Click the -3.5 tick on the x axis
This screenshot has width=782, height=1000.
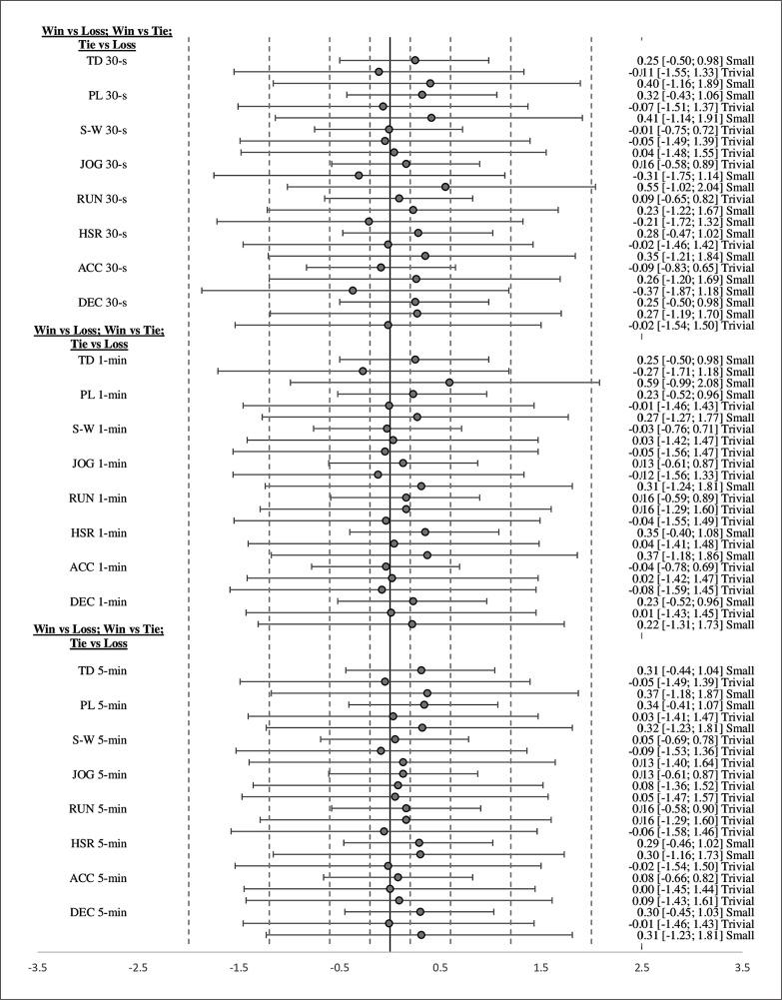[x=37, y=968]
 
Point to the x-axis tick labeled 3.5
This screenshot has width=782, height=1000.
[x=742, y=968]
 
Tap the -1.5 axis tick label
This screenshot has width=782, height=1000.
[x=239, y=968]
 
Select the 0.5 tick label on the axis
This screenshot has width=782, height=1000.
[x=439, y=968]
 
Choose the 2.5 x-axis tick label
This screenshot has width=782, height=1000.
[x=641, y=968]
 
